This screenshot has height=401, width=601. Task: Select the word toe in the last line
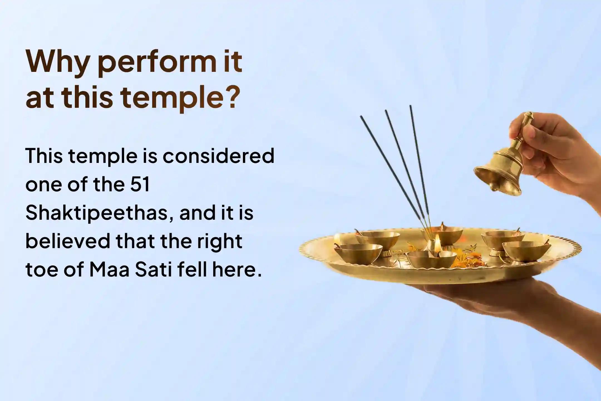tap(41, 270)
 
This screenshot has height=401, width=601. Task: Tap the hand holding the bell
tap(554, 150)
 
